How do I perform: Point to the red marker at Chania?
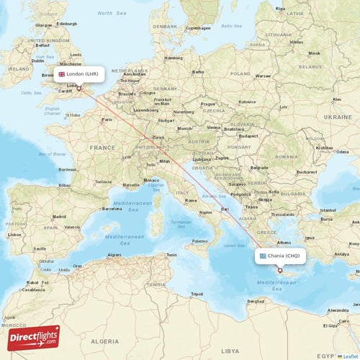click(x=280, y=271)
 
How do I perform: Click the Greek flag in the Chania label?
click(x=262, y=256)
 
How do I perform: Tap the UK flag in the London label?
click(x=61, y=73)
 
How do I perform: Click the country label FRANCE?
click(x=102, y=147)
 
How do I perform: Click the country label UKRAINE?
click(x=338, y=116)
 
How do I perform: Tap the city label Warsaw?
click(x=263, y=75)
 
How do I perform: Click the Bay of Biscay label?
click(x=51, y=155)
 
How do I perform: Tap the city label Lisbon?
click(x=14, y=234)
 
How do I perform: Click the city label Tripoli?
click(x=196, y=294)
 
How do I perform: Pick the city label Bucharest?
click(x=305, y=172)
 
